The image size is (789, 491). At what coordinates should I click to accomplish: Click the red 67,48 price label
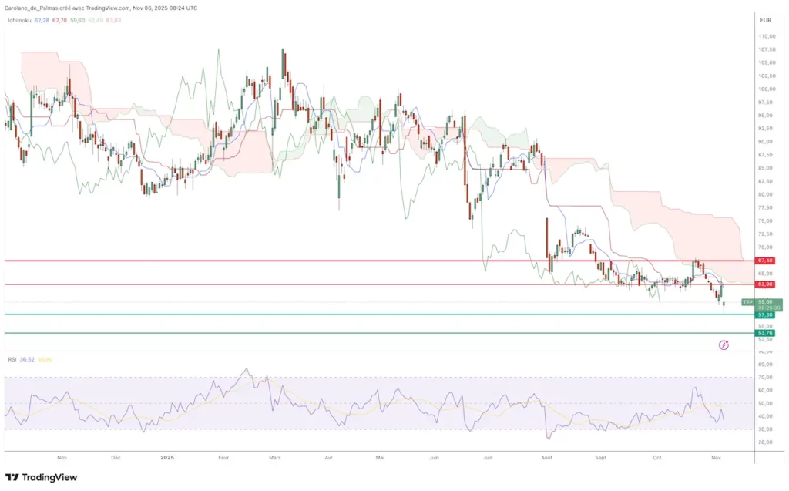(x=765, y=261)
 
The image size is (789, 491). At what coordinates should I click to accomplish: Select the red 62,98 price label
(x=765, y=284)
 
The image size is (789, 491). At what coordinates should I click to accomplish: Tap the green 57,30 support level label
(x=765, y=314)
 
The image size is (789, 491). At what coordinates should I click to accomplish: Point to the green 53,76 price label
(x=765, y=333)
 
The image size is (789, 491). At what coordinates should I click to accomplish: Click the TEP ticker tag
(x=746, y=301)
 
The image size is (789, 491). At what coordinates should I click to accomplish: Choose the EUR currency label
(x=765, y=20)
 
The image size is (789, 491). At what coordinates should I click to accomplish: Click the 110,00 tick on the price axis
(x=766, y=36)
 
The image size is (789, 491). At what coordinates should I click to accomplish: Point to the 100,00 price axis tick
(x=766, y=89)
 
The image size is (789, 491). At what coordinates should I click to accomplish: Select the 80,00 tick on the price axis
(x=766, y=194)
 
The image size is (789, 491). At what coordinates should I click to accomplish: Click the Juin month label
(x=434, y=457)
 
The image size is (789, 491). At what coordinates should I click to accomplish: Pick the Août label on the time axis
(x=546, y=457)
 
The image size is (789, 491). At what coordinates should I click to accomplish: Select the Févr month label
(x=223, y=457)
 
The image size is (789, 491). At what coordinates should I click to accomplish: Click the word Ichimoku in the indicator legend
(x=18, y=20)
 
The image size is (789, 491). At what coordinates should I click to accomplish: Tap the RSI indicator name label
(x=12, y=359)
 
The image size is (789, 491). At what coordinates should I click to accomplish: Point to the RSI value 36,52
(x=28, y=359)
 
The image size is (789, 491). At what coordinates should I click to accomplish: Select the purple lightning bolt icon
(x=724, y=345)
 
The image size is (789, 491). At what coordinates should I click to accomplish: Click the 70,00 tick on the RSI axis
(x=765, y=378)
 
